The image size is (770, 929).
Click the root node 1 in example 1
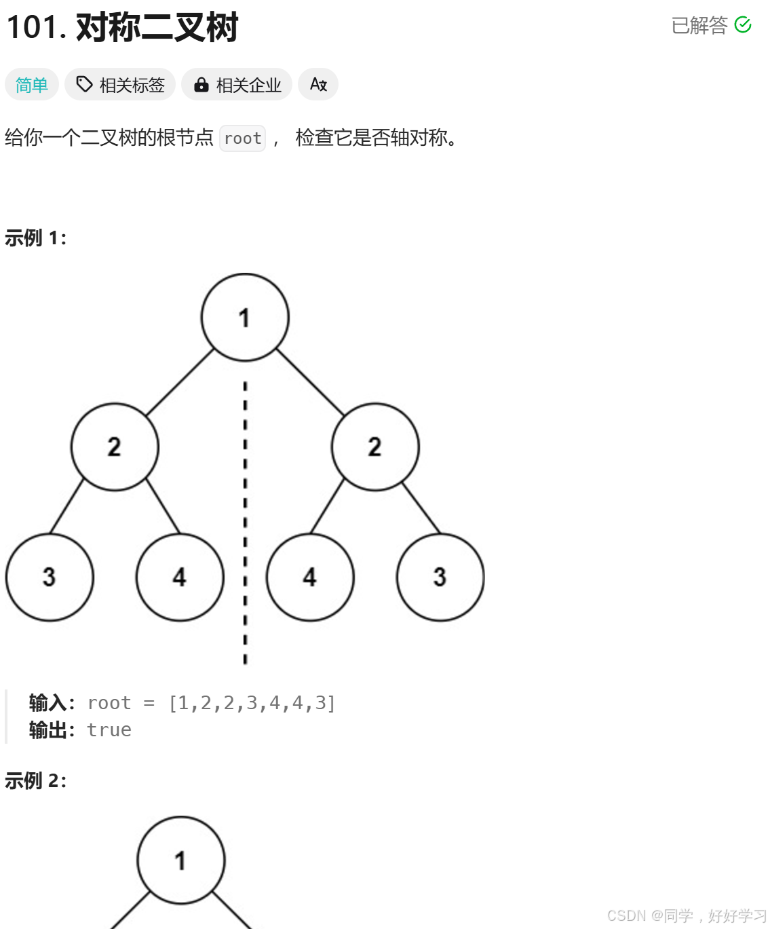point(245,317)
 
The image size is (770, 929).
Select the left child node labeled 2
point(115,447)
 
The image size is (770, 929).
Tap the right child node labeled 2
point(375,447)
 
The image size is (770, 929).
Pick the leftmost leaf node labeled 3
point(50,577)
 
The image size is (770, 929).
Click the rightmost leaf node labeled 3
point(440,577)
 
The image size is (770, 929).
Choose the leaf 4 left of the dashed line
point(180,577)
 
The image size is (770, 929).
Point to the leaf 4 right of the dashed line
point(310,577)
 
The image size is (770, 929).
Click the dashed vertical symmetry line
point(245,523)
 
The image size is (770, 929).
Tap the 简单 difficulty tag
point(32,85)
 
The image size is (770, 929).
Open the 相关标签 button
point(121,85)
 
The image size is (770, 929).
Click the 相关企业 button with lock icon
point(237,85)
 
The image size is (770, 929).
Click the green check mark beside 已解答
point(743,25)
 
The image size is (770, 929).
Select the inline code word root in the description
point(242,138)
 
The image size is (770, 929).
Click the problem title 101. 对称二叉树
point(122,28)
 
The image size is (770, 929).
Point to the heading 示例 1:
point(35,238)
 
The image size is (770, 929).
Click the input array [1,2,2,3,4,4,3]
point(252,703)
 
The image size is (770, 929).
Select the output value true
point(109,730)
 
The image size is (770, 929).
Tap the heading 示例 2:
point(35,781)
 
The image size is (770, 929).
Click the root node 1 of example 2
point(180,860)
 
